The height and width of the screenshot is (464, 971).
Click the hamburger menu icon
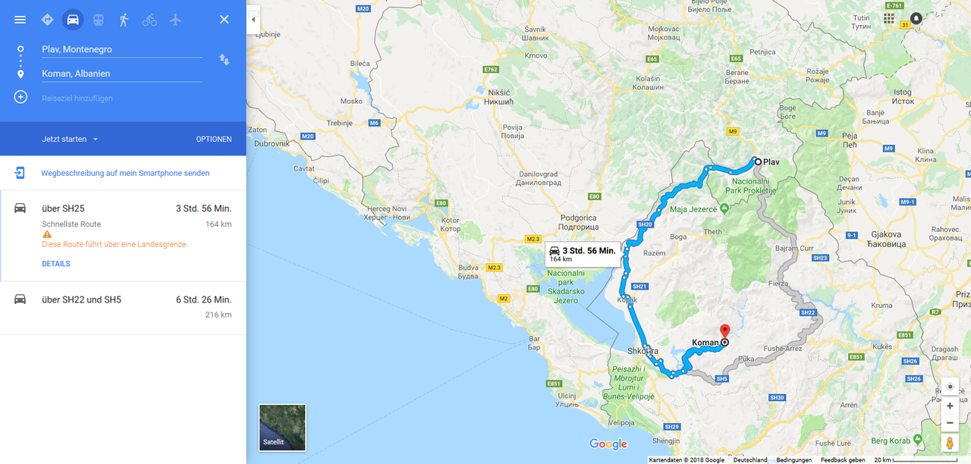click(20, 20)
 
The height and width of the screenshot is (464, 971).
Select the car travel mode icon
click(73, 20)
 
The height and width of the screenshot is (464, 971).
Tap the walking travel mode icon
click(124, 20)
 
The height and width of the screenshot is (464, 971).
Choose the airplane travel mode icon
click(175, 20)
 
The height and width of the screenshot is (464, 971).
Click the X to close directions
click(224, 20)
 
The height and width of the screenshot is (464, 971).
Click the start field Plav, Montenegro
click(121, 49)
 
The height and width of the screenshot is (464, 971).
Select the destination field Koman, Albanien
click(121, 74)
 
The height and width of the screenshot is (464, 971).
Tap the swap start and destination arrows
click(224, 59)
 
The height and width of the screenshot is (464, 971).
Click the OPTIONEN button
click(214, 140)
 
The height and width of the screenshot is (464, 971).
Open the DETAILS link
click(56, 264)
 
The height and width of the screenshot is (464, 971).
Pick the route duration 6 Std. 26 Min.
click(203, 299)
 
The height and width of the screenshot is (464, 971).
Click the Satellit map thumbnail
click(282, 427)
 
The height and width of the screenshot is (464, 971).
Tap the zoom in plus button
click(950, 406)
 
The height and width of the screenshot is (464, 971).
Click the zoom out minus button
click(950, 422)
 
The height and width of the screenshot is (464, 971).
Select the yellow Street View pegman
click(950, 443)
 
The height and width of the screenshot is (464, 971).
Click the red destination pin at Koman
click(724, 331)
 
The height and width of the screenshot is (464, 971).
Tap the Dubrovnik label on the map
click(272, 143)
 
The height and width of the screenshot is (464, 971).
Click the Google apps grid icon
click(889, 18)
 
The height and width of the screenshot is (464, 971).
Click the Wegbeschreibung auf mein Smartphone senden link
click(125, 173)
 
